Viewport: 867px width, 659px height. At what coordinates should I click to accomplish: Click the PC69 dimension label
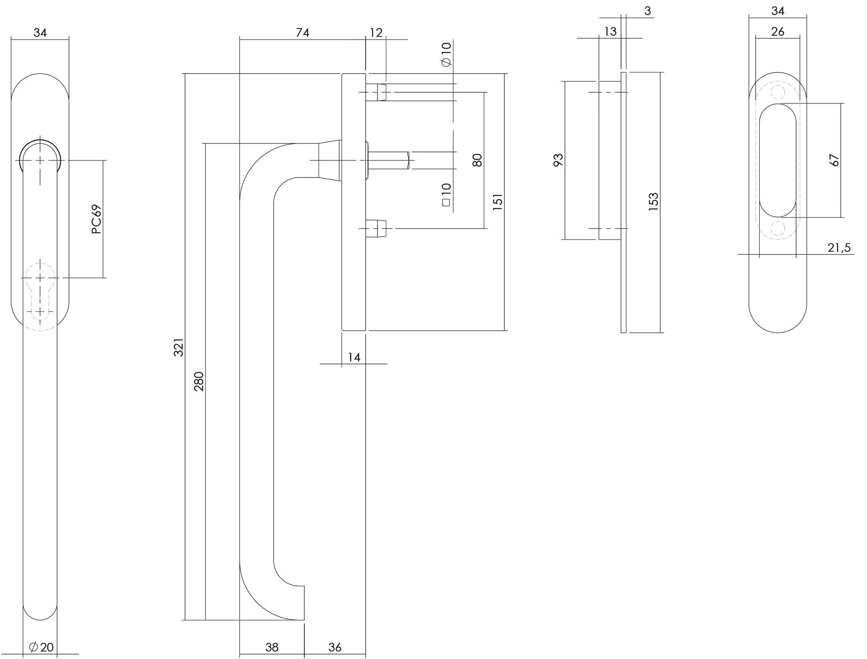96,219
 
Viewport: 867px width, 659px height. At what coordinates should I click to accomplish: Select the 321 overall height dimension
178,347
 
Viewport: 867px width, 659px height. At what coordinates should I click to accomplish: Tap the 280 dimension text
199,381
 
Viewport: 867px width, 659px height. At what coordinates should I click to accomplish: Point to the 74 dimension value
302,33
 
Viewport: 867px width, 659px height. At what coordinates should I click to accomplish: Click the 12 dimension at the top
376,33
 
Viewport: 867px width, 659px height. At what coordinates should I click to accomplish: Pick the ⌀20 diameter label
41,647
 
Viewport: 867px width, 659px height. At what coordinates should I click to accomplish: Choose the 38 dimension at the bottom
272,647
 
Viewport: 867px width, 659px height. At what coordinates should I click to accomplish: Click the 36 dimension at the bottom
335,647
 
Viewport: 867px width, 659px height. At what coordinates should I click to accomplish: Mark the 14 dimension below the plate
354,357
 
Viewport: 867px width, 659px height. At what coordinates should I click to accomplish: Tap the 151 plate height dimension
498,201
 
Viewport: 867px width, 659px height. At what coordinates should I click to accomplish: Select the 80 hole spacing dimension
477,160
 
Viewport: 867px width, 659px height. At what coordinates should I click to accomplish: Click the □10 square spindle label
446,195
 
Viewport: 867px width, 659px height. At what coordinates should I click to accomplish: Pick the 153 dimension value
653,201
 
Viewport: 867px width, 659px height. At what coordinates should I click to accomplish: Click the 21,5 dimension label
839,248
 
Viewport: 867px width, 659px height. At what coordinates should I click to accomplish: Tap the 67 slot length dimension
834,160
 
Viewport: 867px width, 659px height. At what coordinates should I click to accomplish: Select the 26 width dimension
777,32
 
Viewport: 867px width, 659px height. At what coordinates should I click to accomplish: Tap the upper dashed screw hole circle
777,92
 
